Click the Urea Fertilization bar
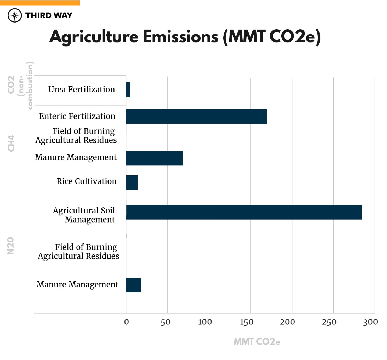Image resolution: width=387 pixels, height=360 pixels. pyautogui.click(x=128, y=90)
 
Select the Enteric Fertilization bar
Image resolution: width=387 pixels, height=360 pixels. pyautogui.click(x=196, y=117)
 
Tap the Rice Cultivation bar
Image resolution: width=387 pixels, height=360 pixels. pyautogui.click(x=132, y=182)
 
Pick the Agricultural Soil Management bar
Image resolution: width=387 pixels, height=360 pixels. pyautogui.click(x=244, y=212)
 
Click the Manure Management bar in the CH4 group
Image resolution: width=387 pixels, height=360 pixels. pyautogui.click(x=154, y=158)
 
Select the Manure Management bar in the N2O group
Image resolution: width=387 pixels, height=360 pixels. pyautogui.click(x=133, y=285)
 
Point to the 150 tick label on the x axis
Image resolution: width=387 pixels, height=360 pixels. pyautogui.click(x=246, y=322)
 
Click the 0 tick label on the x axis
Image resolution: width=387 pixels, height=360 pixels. pyautogui.click(x=126, y=322)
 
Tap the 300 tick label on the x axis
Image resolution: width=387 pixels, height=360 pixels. pyautogui.click(x=370, y=322)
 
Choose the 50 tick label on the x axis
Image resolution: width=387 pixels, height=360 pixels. pyautogui.click(x=165, y=322)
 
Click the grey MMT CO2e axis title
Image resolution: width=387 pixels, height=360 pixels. pyautogui.click(x=257, y=342)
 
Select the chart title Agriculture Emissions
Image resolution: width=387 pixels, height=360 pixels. pyautogui.click(x=185, y=37)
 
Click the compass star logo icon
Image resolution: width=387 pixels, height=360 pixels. pyautogui.click(x=15, y=15)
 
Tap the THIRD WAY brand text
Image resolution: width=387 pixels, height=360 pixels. pyautogui.click(x=49, y=15)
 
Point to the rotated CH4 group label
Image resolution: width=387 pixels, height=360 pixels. pyautogui.click(x=11, y=143)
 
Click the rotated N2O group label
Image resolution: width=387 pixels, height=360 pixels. pyautogui.click(x=10, y=246)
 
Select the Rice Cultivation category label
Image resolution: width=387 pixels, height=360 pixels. pyautogui.click(x=87, y=181)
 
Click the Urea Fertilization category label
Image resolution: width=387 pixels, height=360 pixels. pyautogui.click(x=81, y=90)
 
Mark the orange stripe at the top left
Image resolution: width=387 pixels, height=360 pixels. pyautogui.click(x=40, y=3)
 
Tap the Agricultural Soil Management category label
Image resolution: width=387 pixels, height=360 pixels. pyautogui.click(x=84, y=215)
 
